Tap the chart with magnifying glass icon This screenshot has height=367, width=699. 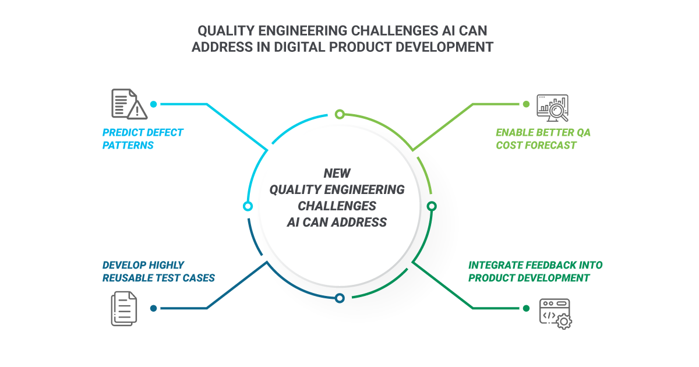click(x=552, y=107)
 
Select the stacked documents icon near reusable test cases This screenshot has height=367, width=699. click(x=123, y=308)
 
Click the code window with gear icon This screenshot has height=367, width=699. click(x=555, y=313)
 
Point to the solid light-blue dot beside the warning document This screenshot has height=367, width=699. click(x=153, y=104)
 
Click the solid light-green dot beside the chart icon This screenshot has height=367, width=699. click(x=526, y=104)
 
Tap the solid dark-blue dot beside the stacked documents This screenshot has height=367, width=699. click(x=153, y=308)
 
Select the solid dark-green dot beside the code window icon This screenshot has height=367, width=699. click(x=526, y=308)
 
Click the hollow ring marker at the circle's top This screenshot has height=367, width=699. click(x=340, y=114)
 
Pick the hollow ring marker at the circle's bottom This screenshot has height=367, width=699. click(x=340, y=298)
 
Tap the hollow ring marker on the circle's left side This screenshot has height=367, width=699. click(x=248, y=206)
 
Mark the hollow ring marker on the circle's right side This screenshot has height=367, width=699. click(x=432, y=206)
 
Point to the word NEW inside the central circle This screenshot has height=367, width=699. click(x=337, y=173)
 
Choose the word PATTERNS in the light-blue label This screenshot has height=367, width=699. click(x=128, y=145)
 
